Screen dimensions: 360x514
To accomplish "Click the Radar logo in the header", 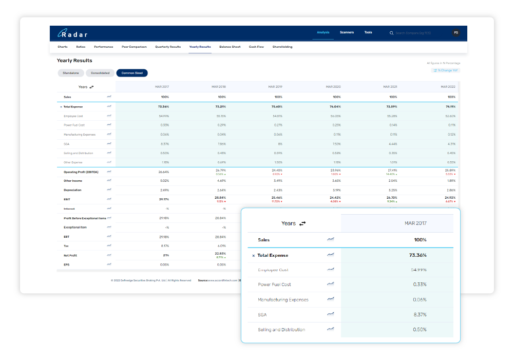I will tap(72, 34).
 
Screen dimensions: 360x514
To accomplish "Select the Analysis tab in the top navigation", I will tap(323, 32).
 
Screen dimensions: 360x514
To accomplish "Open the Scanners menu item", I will tap(347, 32).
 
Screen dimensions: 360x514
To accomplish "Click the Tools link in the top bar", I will tap(368, 32).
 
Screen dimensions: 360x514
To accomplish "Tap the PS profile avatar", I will tap(455, 33).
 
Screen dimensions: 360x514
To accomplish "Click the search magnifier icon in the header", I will tap(392, 33).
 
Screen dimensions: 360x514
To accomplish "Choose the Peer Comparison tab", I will tap(134, 47).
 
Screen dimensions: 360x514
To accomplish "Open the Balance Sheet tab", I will tap(230, 47).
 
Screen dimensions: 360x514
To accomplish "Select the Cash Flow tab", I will tap(256, 47).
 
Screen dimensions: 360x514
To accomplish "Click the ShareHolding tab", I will tap(282, 47).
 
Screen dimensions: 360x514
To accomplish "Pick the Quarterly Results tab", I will tap(168, 47).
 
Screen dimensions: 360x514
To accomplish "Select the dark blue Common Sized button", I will tap(132, 73).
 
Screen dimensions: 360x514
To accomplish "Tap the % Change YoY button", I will tap(446, 70).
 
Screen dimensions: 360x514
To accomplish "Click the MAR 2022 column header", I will tap(448, 87).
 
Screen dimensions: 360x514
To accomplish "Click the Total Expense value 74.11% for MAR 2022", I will tap(450, 106).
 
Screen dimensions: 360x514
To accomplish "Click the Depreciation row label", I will tap(72, 190).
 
